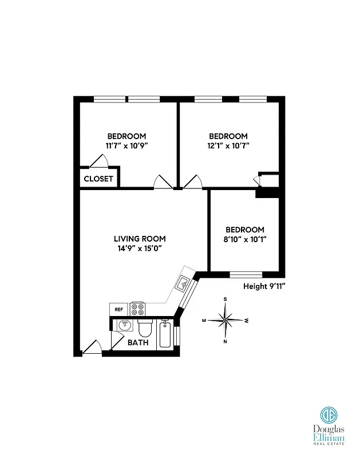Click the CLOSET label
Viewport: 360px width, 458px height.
99,179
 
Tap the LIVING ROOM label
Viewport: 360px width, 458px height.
140,239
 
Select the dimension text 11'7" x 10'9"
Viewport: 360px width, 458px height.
126,145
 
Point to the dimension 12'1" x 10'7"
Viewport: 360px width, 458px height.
228,145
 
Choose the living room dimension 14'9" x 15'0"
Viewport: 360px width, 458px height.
140,248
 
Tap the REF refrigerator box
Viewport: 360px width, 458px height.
119,309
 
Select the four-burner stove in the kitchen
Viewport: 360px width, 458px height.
138,309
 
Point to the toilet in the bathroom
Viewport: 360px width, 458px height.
144,328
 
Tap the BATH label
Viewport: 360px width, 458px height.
138,343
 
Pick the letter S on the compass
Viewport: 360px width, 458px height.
226,299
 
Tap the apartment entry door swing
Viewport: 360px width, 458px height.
92,348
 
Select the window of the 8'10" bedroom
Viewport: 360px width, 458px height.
246,273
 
